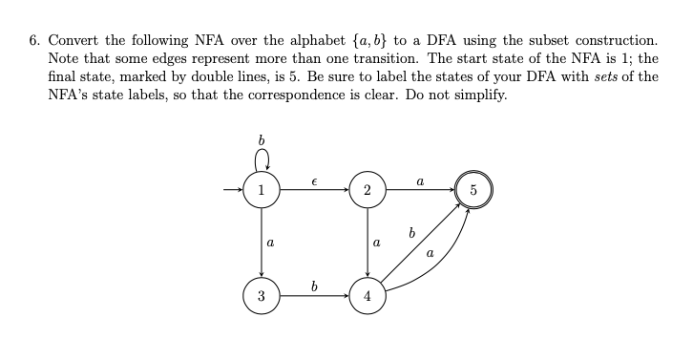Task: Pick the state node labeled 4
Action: coord(367,295)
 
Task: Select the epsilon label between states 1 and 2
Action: coord(314,180)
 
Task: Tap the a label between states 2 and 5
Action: coord(420,179)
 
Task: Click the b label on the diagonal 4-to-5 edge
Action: coord(411,232)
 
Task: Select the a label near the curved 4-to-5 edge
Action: coord(430,253)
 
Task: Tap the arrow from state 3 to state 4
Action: coord(314,295)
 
